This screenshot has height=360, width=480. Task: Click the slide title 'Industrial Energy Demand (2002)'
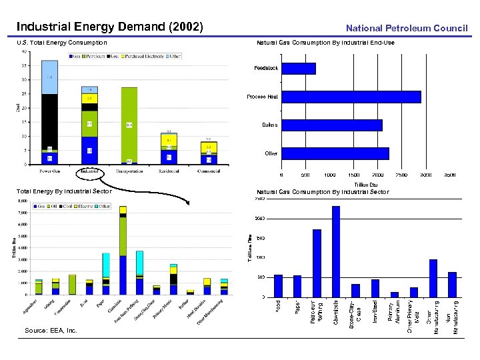click(110, 27)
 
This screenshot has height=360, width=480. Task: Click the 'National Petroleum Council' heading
click(407, 29)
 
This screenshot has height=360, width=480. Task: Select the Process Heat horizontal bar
click(351, 97)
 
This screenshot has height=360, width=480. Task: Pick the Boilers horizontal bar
click(331, 125)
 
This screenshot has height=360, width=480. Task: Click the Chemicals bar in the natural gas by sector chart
click(336, 251)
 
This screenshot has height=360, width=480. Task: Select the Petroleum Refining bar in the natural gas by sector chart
click(317, 263)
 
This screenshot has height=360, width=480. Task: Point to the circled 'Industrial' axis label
click(90, 171)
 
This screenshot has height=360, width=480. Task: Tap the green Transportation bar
click(129, 124)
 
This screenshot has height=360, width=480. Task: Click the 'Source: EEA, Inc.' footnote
click(51, 330)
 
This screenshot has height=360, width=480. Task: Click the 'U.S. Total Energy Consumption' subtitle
click(61, 43)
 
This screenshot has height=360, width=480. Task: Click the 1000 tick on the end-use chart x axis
click(329, 175)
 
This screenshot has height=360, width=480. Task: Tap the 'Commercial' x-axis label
click(209, 171)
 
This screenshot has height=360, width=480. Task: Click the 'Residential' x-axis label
click(169, 171)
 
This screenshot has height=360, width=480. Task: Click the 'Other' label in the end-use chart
click(271, 153)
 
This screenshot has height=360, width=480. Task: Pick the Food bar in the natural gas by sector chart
click(278, 285)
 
